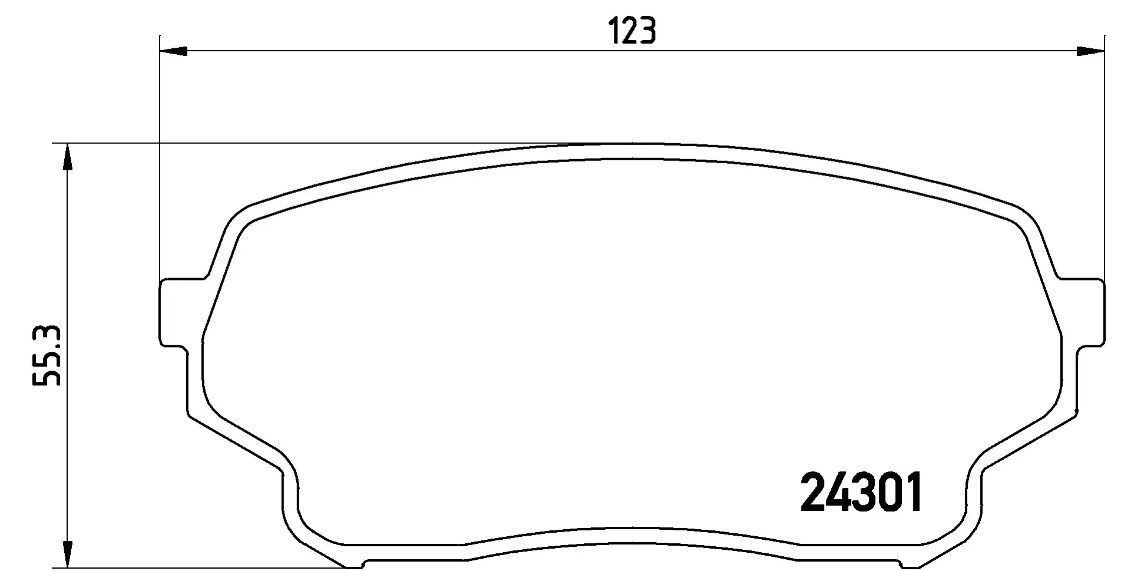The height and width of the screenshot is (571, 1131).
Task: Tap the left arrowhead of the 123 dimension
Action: click(173, 51)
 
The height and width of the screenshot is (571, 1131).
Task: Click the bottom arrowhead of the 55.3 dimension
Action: click(68, 553)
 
